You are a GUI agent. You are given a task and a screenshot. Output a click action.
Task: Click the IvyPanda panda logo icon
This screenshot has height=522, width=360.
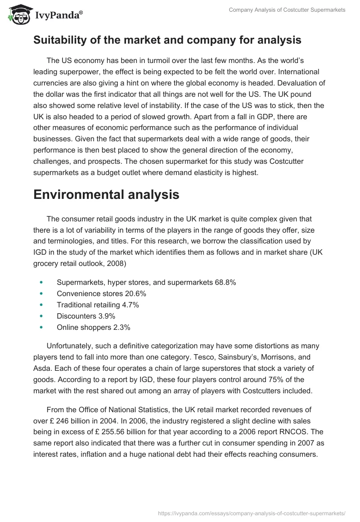point(17,15)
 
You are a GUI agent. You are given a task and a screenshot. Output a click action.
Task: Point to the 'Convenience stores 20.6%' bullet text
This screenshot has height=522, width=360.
point(101,293)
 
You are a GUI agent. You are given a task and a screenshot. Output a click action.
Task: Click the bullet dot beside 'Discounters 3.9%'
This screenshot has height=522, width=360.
point(41,316)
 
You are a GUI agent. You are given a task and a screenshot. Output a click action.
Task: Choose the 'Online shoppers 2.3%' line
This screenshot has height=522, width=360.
point(93,327)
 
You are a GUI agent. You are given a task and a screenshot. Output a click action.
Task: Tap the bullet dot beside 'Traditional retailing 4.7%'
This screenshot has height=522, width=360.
point(41,305)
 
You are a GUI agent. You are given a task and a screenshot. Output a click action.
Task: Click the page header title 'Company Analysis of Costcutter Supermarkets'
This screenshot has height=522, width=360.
point(287,10)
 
